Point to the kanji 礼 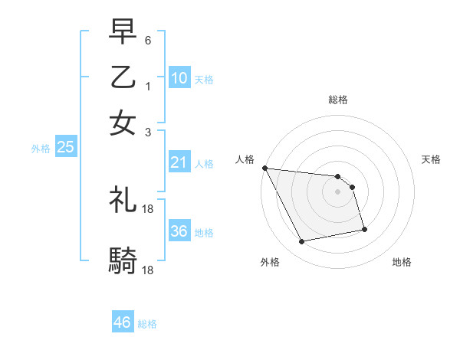[123, 201]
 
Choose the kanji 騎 [123, 261]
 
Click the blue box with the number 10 [179, 78]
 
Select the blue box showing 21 [179, 162]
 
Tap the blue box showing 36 [179, 231]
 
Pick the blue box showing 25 [65, 148]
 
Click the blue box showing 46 [123, 322]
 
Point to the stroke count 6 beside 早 [148, 39]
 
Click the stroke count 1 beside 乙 [148, 86]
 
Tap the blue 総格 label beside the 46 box [147, 324]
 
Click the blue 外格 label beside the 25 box [41, 149]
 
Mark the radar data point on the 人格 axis [264, 168]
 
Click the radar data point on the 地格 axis [364, 230]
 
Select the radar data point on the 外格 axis [302, 243]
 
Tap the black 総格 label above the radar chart [337, 100]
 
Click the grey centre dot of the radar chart [337, 191]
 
